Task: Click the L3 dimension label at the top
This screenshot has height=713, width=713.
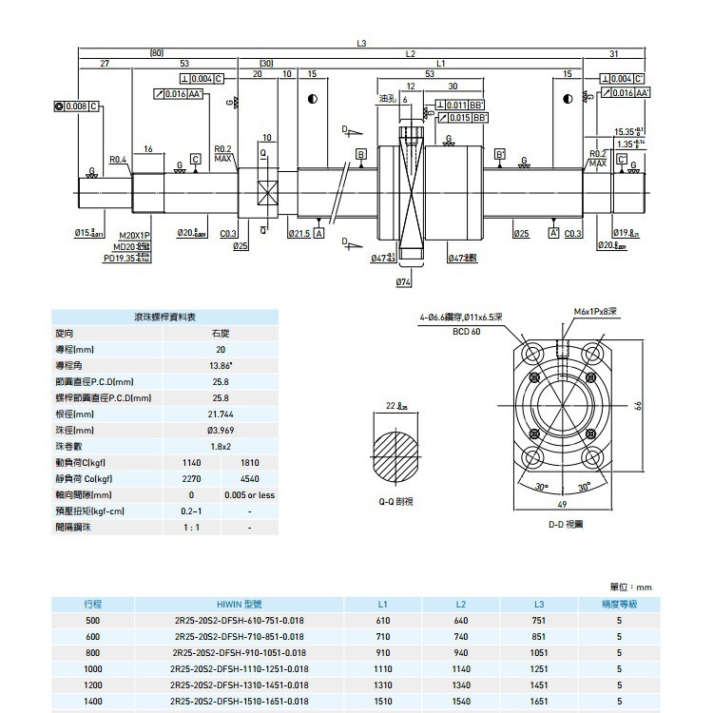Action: [x=361, y=43]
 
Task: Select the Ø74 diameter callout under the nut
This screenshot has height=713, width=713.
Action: [x=403, y=282]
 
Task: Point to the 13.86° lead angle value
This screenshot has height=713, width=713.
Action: [x=220, y=365]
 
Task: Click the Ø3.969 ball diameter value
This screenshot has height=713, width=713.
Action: [x=220, y=431]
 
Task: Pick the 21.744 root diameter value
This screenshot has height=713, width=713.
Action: [x=220, y=414]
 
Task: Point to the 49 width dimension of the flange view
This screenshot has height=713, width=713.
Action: [x=562, y=505]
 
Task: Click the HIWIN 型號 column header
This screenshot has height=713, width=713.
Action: [x=239, y=604]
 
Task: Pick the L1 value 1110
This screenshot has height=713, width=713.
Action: [x=383, y=668]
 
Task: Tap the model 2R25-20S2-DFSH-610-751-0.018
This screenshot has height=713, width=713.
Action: [x=239, y=620]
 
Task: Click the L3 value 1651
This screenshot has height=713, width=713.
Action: [x=539, y=701]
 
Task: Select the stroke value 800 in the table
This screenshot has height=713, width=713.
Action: [x=92, y=652]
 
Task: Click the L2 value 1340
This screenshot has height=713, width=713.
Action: [x=461, y=684]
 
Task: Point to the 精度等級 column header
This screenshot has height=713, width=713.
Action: [x=619, y=604]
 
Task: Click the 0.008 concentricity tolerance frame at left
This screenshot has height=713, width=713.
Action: [x=78, y=105]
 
